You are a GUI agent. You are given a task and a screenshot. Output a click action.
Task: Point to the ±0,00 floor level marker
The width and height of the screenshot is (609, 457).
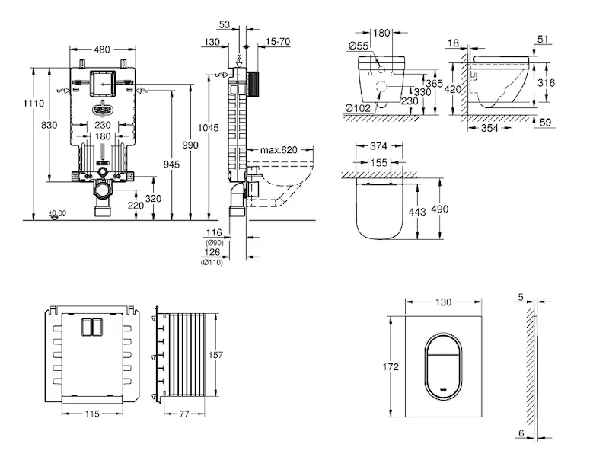pos(56,213)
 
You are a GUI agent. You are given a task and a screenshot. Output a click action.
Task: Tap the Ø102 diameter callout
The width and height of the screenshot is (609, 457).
pos(357,108)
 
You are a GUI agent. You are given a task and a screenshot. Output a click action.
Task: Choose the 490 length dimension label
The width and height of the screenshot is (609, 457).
pos(440,209)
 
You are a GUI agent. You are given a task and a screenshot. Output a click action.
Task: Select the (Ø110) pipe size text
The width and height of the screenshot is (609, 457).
pos(212,263)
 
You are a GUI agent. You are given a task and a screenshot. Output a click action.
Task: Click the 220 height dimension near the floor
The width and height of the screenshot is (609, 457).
pos(136,206)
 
